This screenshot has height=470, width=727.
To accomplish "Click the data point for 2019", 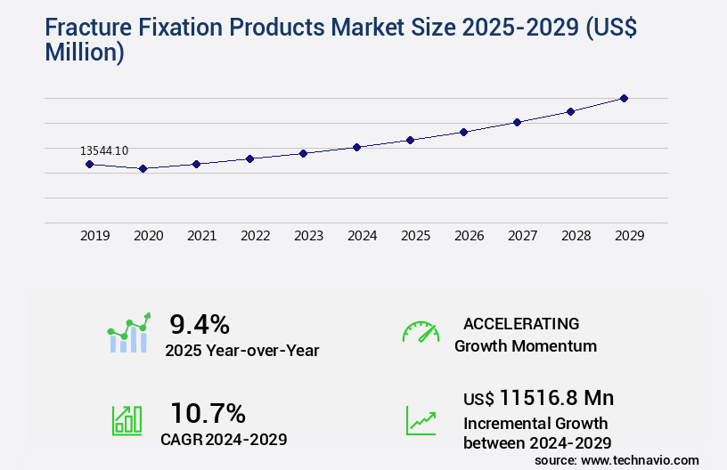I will click(89, 164).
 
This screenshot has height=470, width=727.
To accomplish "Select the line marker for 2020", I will click(143, 168).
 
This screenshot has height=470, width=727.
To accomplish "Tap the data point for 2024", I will click(356, 147).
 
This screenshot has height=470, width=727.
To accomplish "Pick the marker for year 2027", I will click(517, 122).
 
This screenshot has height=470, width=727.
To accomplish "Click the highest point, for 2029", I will click(624, 98).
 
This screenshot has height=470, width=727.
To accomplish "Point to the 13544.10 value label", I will click(103, 150).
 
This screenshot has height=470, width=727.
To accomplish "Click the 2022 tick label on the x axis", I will click(255, 236).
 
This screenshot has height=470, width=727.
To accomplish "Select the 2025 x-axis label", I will click(415, 236).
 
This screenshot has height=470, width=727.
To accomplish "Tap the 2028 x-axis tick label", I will click(576, 236).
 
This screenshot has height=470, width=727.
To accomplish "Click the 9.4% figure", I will click(200, 323).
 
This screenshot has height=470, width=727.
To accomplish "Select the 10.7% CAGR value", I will click(208, 413).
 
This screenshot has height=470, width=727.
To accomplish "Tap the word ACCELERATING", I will click(521, 323).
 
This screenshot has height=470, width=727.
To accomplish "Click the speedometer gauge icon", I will click(421, 332).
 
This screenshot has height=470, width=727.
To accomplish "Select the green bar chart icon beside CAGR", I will click(127, 420).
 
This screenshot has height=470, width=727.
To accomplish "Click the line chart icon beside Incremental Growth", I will click(421, 420).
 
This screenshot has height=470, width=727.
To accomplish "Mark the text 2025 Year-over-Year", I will click(241, 351).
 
